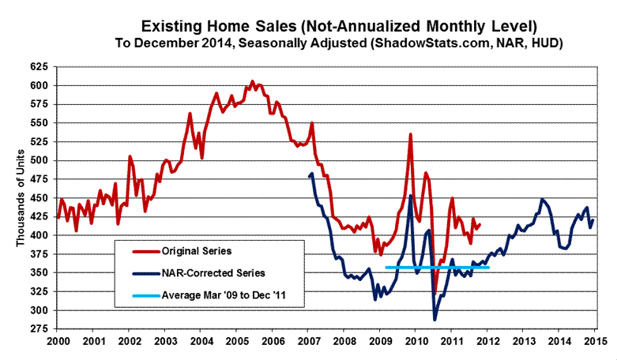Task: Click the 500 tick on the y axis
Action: (x=41, y=160)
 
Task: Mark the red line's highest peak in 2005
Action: (x=252, y=81)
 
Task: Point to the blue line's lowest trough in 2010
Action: (x=434, y=319)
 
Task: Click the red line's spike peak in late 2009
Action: (x=410, y=134)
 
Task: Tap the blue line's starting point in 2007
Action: (x=313, y=174)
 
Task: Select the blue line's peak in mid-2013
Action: (x=542, y=199)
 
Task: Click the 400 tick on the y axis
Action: (x=41, y=235)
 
